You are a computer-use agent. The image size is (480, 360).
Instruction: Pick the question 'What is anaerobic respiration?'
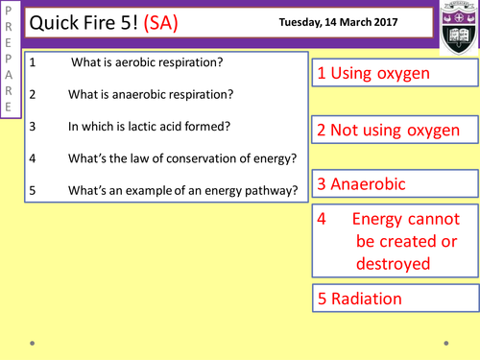(x=149, y=94)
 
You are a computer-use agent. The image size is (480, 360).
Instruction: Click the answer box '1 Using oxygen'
(x=375, y=74)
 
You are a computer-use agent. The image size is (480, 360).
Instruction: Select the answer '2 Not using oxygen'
(x=395, y=131)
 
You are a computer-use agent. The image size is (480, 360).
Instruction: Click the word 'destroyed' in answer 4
(x=393, y=262)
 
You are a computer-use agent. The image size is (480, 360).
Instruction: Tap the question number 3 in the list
(x=33, y=126)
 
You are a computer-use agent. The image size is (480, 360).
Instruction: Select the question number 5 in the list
(x=33, y=190)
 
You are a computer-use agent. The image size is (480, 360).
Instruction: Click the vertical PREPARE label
(x=9, y=60)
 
